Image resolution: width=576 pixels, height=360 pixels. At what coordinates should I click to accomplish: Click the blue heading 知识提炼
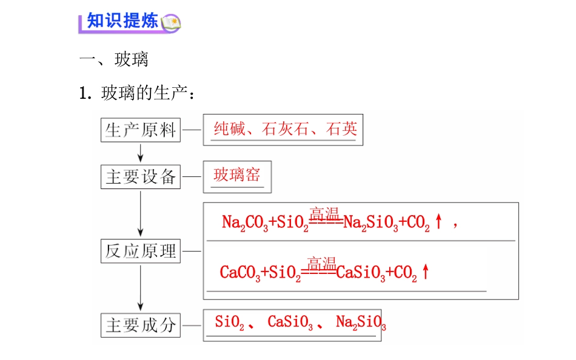pyautogui.click(x=122, y=21)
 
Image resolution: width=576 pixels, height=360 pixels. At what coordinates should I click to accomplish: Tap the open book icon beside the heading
pyautogui.click(x=171, y=23)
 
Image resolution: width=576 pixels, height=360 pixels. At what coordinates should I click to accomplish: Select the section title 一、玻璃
pyautogui.click(x=114, y=59)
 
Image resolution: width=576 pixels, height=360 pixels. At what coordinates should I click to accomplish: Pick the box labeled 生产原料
pyautogui.click(x=141, y=130)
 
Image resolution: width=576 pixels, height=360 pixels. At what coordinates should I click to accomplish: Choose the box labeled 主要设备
pyautogui.click(x=141, y=177)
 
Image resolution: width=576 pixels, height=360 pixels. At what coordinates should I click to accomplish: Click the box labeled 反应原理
pyautogui.click(x=141, y=252)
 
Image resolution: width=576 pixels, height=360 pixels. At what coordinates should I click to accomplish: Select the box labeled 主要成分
pyautogui.click(x=141, y=325)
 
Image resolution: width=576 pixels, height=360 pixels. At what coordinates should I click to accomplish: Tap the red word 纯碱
pyautogui.click(x=230, y=128)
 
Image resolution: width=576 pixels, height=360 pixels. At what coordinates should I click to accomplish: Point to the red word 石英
pyautogui.click(x=341, y=128)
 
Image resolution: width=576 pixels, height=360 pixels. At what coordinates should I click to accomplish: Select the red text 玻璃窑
pyautogui.click(x=237, y=175)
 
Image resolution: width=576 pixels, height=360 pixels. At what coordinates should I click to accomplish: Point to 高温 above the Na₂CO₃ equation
pyautogui.click(x=324, y=213)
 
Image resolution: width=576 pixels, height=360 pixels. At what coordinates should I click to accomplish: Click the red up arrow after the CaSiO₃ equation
pyautogui.click(x=426, y=272)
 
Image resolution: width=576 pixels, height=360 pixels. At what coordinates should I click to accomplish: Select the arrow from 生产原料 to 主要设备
pyautogui.click(x=140, y=153)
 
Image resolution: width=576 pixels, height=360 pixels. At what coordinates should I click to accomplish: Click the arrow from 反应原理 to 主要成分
pyautogui.click(x=140, y=288)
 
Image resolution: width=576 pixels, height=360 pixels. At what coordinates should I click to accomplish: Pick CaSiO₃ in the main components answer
pyautogui.click(x=290, y=322)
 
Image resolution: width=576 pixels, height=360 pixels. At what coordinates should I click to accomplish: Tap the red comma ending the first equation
pyautogui.click(x=455, y=225)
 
